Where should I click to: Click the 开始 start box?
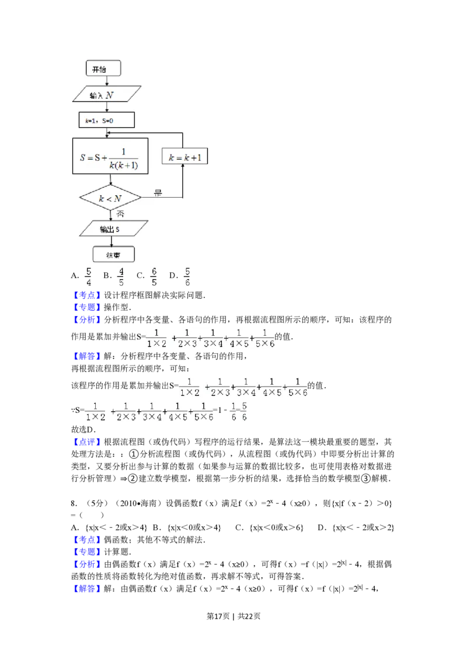tap(104, 69)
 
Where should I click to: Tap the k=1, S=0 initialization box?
tap(106, 120)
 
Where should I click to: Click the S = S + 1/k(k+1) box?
tap(110, 156)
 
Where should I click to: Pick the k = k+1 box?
tap(185, 157)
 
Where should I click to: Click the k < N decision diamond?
tap(110, 199)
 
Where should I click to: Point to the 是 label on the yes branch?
tap(158, 192)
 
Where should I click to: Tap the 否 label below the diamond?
tap(121, 214)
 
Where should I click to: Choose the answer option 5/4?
tap(89, 277)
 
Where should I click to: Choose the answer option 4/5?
tap(121, 277)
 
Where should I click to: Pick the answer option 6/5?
tap(154, 277)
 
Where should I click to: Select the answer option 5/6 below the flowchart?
tap(187, 277)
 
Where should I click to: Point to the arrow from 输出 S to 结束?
tap(111, 242)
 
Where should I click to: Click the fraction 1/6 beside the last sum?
tap(233, 410)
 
